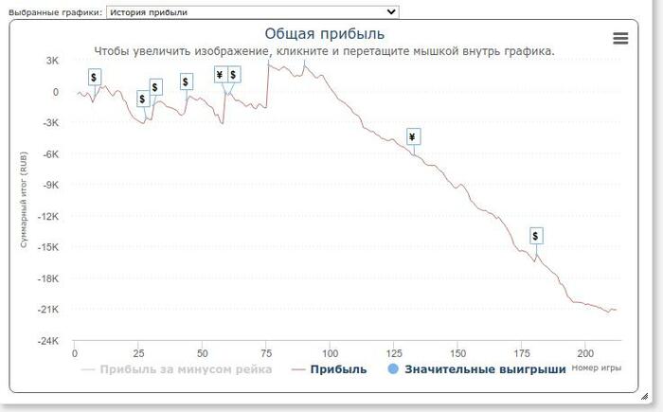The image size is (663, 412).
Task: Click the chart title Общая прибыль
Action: pos(325,35)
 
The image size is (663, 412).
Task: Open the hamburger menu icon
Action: pos(620,38)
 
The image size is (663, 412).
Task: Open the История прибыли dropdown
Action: pos(253,11)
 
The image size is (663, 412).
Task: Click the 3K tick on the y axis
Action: pos(52,61)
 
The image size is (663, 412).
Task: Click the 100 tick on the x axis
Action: pos(330,354)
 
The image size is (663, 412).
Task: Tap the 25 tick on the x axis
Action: pos(138,354)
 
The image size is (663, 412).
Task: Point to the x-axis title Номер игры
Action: pos(597,367)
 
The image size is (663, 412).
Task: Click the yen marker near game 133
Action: pos(413,137)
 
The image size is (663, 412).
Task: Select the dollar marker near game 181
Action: pos(535,235)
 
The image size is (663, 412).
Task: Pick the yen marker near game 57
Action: pos(220,75)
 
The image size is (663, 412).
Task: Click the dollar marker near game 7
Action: pos(93,76)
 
